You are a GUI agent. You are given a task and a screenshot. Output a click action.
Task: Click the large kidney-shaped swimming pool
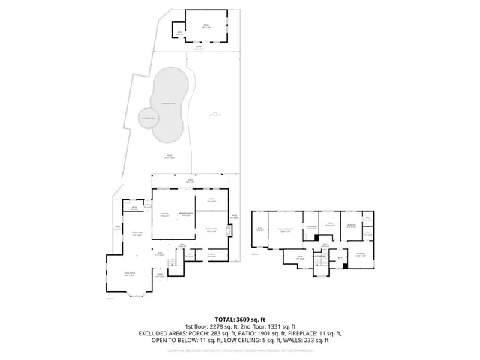coord(169,105)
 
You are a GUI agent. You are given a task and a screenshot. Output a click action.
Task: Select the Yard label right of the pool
coord(214,115)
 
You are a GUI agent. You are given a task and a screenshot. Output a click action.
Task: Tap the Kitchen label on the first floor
coord(164,215)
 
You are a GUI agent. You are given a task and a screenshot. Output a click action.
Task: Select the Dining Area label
coord(137,234)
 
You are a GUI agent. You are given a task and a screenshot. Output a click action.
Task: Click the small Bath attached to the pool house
coord(179,32)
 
